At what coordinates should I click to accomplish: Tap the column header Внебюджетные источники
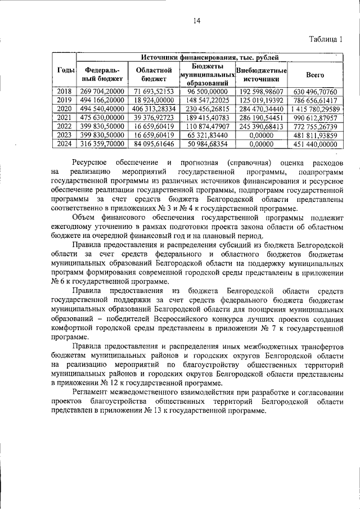pos(262,75)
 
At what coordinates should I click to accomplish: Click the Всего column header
pos(314,74)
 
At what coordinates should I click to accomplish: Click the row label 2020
pos(65,108)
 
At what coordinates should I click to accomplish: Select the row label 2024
pos(65,144)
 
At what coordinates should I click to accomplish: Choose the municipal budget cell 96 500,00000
pos(207,91)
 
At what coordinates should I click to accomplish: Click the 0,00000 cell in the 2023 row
pos(262,135)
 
